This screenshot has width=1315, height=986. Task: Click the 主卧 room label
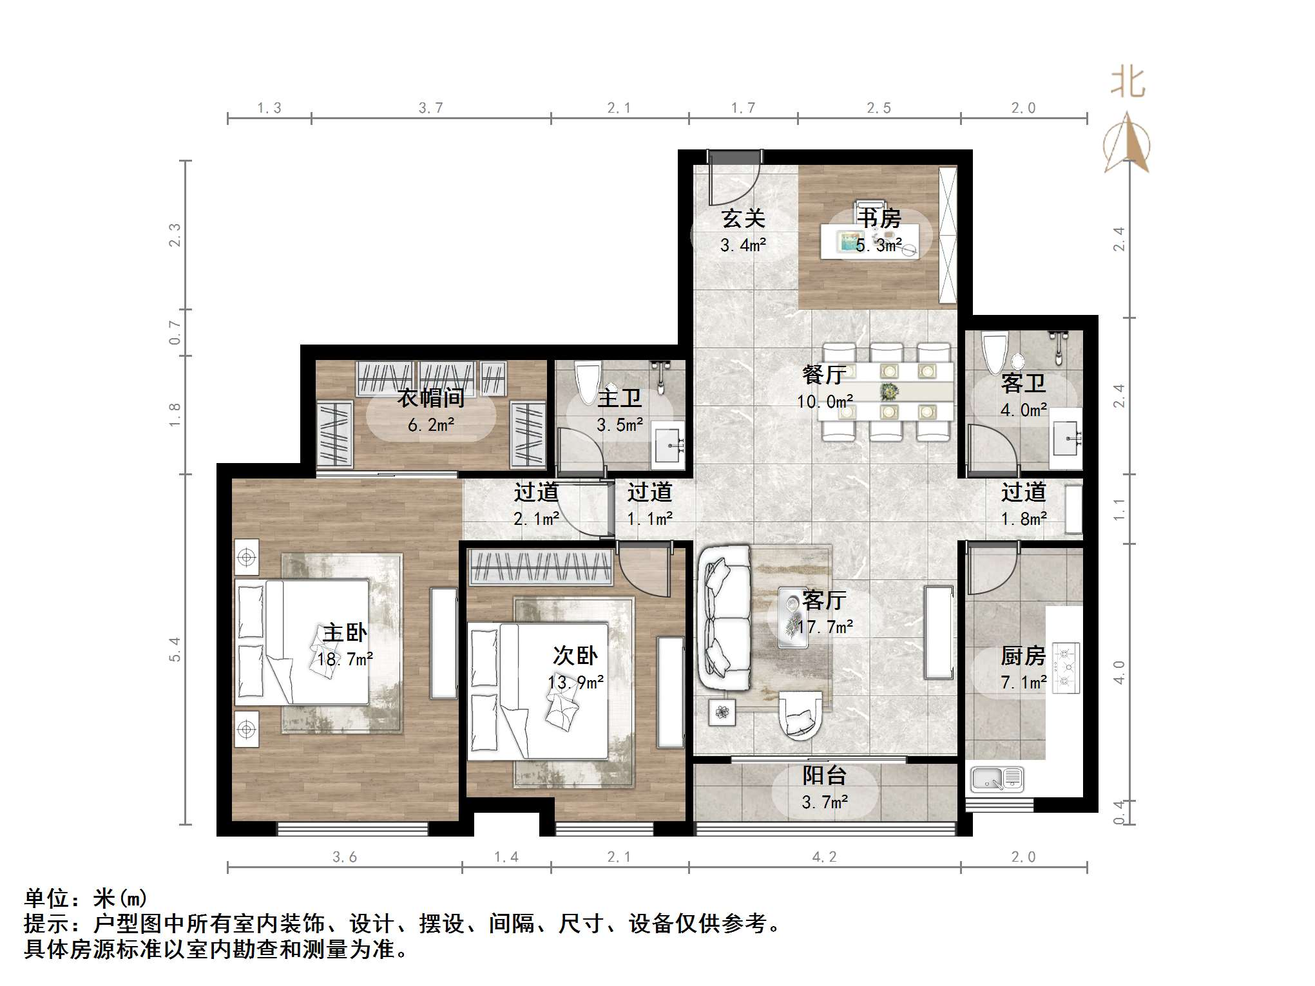click(345, 633)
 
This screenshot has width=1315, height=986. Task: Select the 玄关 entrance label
click(743, 219)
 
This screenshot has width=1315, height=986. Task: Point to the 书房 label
click(878, 218)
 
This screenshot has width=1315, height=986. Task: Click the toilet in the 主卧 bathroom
click(587, 384)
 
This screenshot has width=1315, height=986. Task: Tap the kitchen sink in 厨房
click(996, 779)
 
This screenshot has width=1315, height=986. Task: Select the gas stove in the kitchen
click(1066, 667)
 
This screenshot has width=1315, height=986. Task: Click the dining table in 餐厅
click(887, 392)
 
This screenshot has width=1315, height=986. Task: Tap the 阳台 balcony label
click(824, 776)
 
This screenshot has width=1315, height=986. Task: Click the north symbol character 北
click(1128, 83)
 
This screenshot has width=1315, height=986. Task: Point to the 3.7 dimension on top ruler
click(430, 108)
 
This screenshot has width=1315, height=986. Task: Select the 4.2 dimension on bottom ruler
click(824, 857)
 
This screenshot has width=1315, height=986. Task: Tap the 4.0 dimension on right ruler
click(1120, 672)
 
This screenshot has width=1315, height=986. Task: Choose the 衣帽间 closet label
click(430, 398)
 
